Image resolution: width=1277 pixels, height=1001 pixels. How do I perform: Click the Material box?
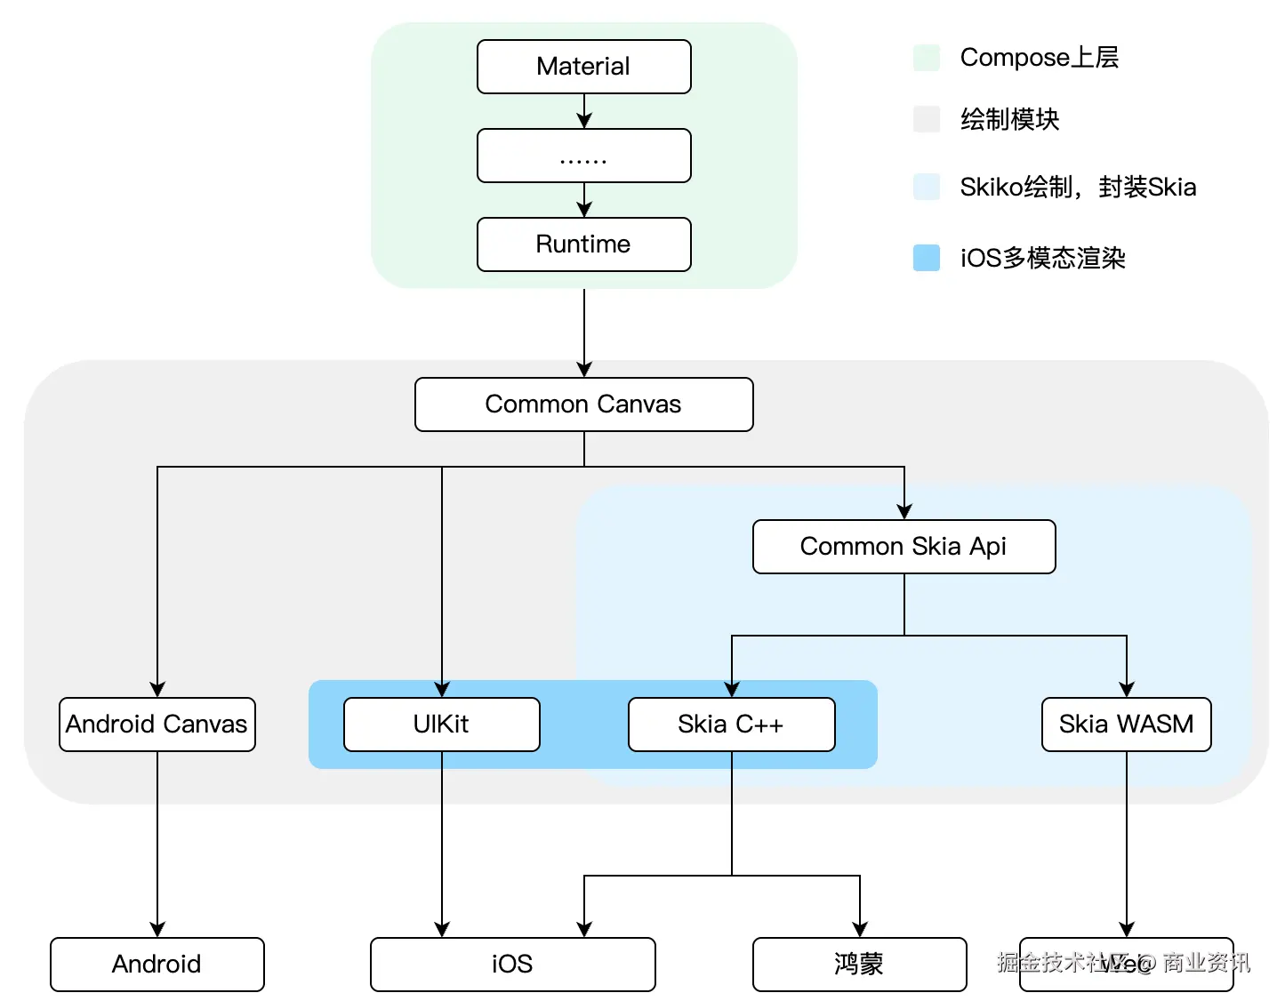click(x=583, y=67)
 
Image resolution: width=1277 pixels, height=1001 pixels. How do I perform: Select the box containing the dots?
click(x=583, y=156)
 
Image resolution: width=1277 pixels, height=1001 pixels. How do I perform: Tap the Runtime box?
click(x=583, y=244)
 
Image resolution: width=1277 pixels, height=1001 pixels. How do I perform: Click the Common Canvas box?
click(x=583, y=404)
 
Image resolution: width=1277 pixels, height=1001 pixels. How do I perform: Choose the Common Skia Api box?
click(x=904, y=547)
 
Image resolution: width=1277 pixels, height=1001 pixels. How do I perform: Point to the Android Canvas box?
click(x=157, y=725)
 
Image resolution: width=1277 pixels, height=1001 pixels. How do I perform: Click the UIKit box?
click(x=441, y=725)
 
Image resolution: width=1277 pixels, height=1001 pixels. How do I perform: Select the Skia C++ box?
click(x=731, y=725)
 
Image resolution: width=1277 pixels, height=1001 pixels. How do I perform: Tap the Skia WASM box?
click(x=1126, y=725)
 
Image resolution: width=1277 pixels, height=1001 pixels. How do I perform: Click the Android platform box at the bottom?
click(x=157, y=965)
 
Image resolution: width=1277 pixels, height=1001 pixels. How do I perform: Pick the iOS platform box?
click(x=512, y=965)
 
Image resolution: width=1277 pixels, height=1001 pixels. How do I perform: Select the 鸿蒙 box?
click(x=859, y=965)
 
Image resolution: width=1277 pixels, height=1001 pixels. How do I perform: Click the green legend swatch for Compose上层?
click(x=927, y=58)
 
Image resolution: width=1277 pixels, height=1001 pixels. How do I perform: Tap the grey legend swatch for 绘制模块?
click(x=927, y=119)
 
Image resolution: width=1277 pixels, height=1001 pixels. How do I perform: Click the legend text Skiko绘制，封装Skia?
click(x=1078, y=188)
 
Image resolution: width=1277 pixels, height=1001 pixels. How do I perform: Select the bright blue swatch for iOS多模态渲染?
click(x=927, y=258)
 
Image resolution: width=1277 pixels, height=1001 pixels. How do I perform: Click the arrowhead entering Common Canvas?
click(x=584, y=369)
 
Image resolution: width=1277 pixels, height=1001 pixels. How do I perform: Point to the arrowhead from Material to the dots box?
click(x=584, y=120)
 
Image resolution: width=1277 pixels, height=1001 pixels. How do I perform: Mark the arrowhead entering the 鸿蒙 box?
click(x=860, y=929)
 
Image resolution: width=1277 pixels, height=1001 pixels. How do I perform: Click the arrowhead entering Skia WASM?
click(x=1127, y=689)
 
